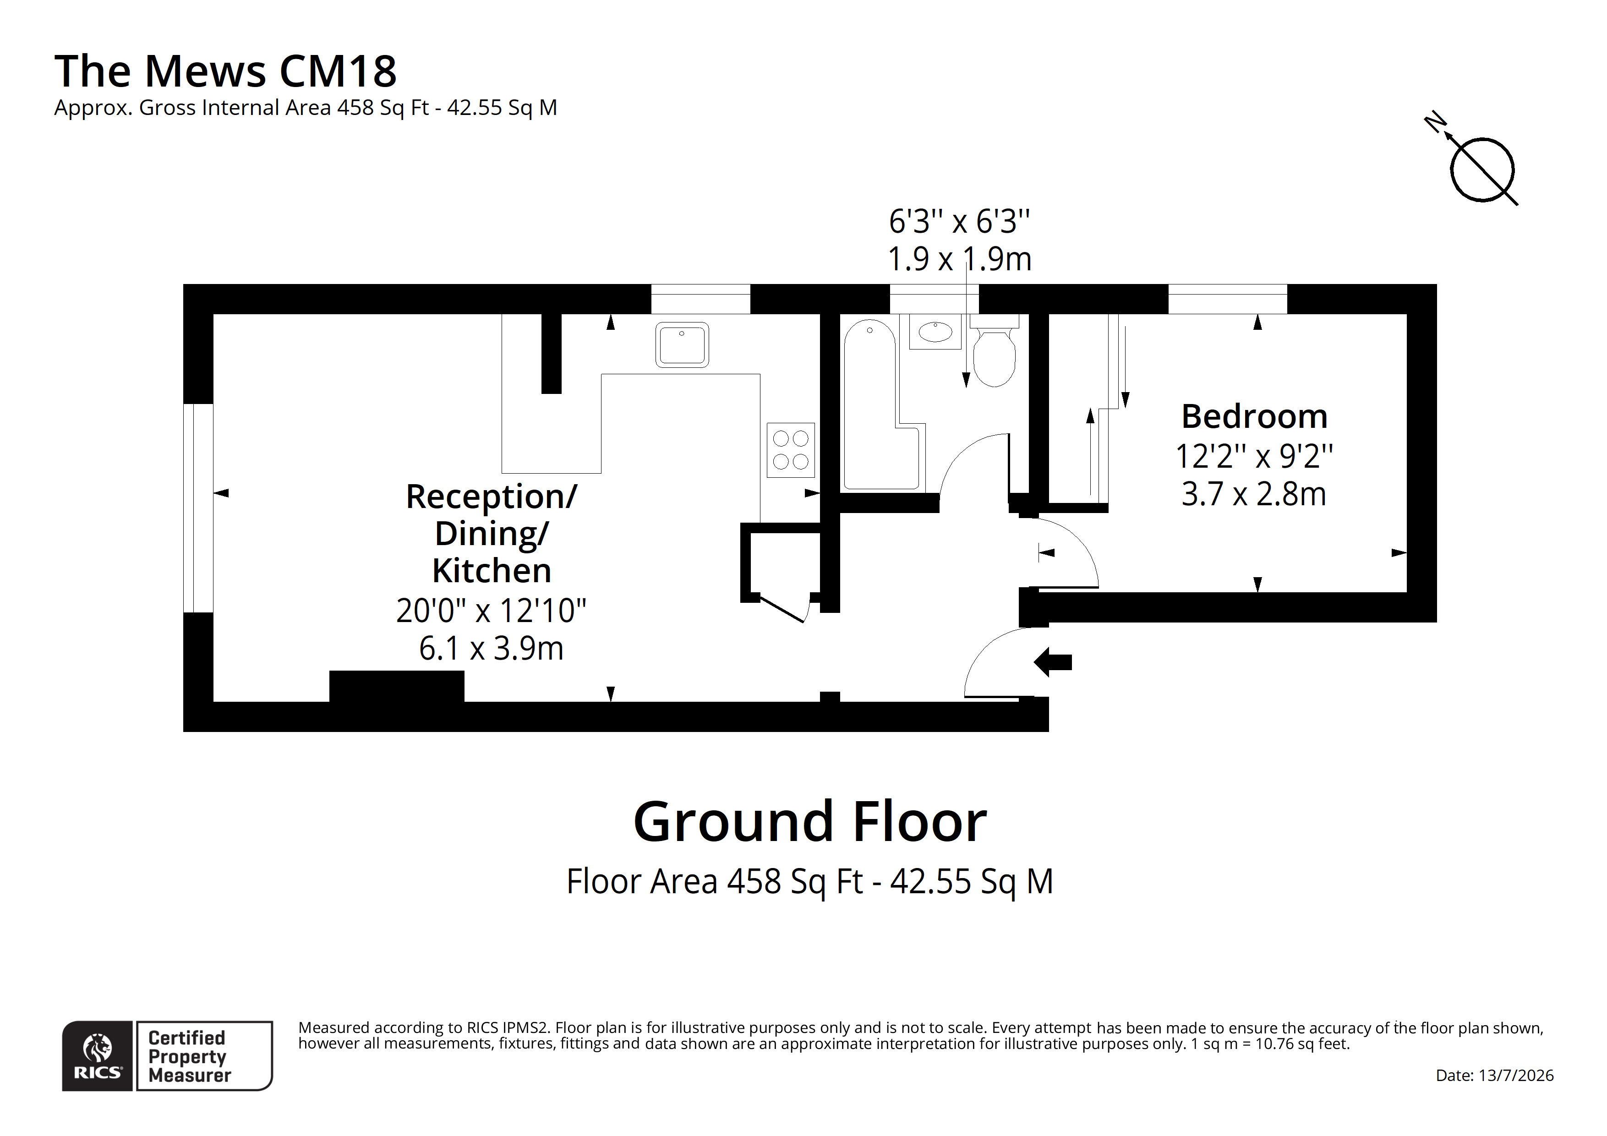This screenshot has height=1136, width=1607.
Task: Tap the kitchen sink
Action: pos(682,344)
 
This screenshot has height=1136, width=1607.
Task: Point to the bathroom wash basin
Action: pos(935,331)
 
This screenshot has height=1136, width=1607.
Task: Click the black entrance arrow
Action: pos(1053,661)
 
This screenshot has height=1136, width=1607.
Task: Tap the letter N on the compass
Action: pos(1435,122)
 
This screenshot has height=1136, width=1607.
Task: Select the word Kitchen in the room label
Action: pos(492,570)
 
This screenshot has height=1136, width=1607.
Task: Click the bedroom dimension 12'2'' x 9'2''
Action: pos(1254,456)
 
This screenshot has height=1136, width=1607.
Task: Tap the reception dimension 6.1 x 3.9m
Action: pos(492,648)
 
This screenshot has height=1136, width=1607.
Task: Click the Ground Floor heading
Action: pos(810,822)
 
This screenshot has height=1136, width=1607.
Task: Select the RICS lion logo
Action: pos(97,1055)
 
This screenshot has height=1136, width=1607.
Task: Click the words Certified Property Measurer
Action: pos(189,1056)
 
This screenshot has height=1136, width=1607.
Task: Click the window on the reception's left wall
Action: pos(198,508)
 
